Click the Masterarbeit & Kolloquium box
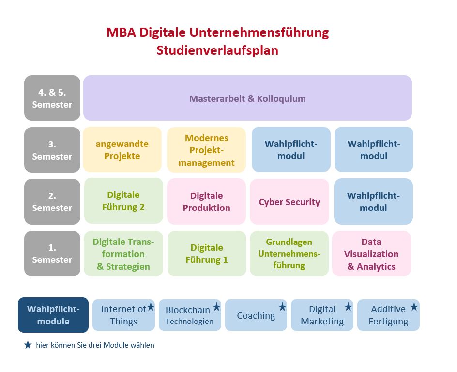[247, 98]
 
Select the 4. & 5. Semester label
[52, 98]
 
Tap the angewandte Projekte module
[122, 149]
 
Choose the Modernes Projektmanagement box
[206, 150]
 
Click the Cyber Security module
[289, 202]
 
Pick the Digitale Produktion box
[206, 202]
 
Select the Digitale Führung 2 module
[123, 201]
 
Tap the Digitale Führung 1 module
[207, 254]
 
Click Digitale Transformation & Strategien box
[123, 254]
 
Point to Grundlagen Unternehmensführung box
[289, 254]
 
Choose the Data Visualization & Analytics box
[372, 254]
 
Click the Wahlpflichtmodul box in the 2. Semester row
[373, 201]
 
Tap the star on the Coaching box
[282, 307]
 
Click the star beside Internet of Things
[151, 307]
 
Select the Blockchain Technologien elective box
[190, 315]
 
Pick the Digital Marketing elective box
[322, 315]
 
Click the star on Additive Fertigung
[414, 307]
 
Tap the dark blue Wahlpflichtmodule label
[53, 315]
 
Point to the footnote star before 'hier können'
[28, 345]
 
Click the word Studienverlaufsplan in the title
[217, 50]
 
